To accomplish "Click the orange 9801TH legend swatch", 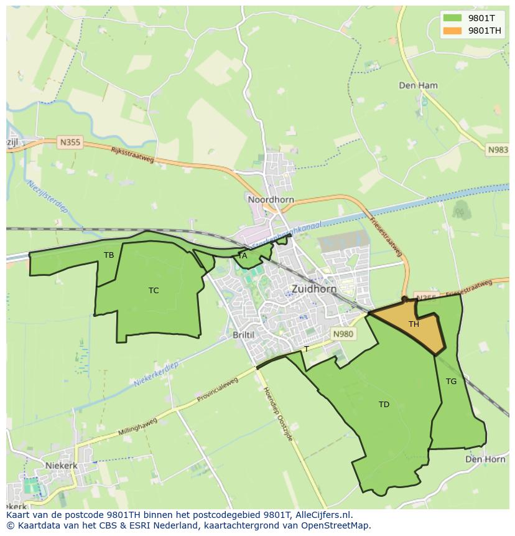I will [x=453, y=31].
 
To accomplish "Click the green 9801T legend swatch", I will [x=453, y=18].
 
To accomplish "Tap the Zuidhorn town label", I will [x=314, y=289].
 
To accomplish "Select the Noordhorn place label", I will [x=271, y=200].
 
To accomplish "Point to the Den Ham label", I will [x=418, y=85].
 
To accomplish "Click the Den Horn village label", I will [x=485, y=459].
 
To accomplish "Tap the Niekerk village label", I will [x=61, y=465].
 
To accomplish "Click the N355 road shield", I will [x=70, y=143].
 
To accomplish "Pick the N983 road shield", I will [x=498, y=150].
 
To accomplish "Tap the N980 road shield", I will [x=343, y=334].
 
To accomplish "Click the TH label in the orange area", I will [x=414, y=324].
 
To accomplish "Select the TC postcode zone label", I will [x=154, y=290].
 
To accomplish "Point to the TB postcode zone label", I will [x=109, y=255].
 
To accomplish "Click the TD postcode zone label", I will [x=384, y=404].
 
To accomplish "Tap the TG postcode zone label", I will [x=451, y=381].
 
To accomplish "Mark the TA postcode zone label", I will [x=243, y=255].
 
